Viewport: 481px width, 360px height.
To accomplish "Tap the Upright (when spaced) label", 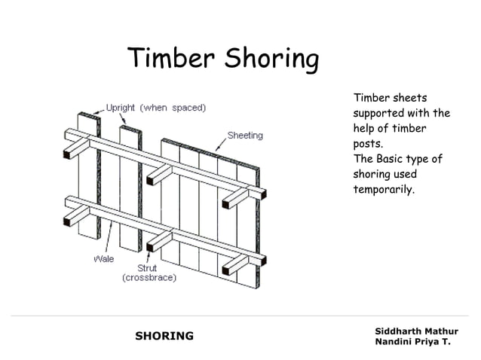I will (x=156, y=108).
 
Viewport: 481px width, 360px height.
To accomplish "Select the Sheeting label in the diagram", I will (x=245, y=136).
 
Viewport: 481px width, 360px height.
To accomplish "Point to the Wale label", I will (x=104, y=258).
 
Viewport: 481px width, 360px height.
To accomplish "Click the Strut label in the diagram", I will (x=147, y=268).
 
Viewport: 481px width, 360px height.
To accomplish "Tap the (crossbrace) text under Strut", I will (x=149, y=278).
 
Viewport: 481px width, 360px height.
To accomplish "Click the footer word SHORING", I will (x=164, y=336).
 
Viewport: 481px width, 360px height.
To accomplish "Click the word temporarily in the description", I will (x=384, y=190).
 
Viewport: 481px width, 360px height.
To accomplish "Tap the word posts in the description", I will (x=367, y=144).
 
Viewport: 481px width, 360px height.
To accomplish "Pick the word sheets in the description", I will (x=409, y=98).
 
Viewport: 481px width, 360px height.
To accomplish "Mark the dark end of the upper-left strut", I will (x=67, y=154).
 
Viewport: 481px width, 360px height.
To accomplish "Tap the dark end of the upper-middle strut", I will (x=152, y=181).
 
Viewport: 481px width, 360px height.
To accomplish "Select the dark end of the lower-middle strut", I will (x=151, y=244).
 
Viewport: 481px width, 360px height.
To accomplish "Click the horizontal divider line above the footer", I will (x=240, y=316).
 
